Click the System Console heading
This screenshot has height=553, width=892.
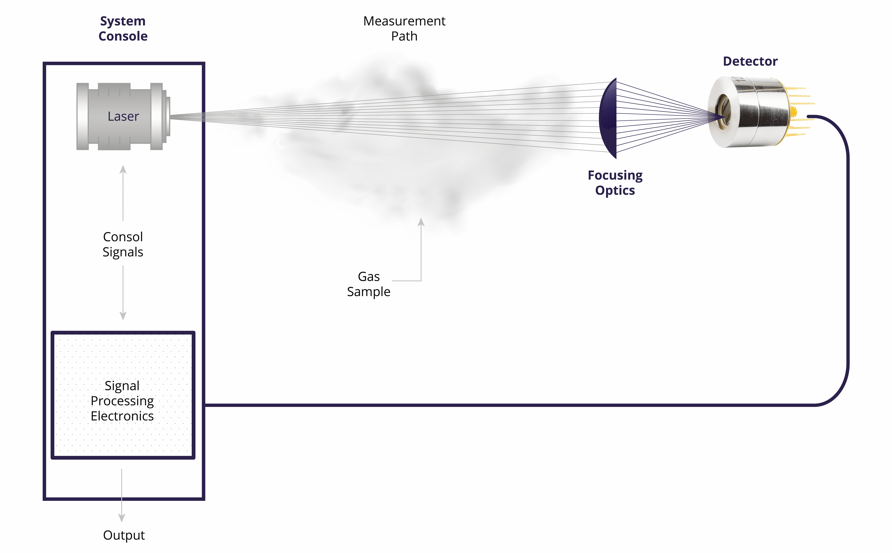[x=123, y=29]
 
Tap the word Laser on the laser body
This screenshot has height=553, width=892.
[x=123, y=116]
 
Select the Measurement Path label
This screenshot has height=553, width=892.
[x=404, y=29]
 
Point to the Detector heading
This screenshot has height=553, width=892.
[x=750, y=61]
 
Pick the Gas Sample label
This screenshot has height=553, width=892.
[x=369, y=284]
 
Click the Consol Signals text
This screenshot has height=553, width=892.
[x=123, y=244]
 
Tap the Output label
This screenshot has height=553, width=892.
[x=124, y=535]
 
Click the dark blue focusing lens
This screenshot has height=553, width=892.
[x=608, y=118]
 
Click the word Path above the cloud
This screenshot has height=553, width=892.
[x=404, y=36]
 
